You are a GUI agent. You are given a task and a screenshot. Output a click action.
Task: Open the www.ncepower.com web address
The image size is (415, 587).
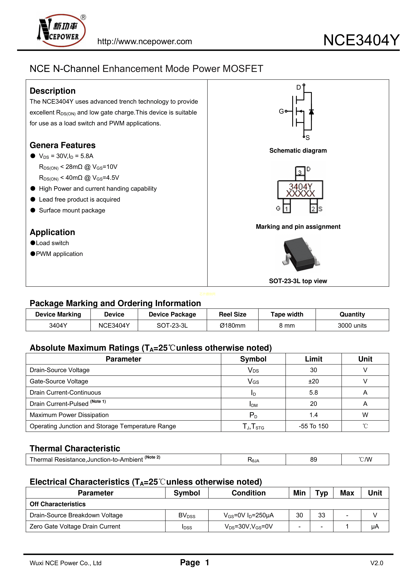click(145, 41)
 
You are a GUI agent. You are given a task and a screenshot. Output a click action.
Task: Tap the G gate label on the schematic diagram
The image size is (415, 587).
click(281, 111)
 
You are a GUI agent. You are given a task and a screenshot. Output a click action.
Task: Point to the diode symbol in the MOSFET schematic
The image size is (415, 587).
click(311, 112)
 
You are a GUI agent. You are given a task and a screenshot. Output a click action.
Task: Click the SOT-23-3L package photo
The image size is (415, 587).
click(301, 255)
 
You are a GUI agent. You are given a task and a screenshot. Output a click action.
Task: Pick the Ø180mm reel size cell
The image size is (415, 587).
click(233, 326)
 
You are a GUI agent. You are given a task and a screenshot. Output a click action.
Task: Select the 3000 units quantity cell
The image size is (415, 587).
click(352, 326)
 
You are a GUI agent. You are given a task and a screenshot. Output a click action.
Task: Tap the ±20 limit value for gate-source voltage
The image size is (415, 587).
click(313, 381)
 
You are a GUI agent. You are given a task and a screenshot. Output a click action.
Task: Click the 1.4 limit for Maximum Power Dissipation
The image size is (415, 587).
click(313, 415)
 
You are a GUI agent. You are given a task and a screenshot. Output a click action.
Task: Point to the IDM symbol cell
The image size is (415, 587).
click(253, 404)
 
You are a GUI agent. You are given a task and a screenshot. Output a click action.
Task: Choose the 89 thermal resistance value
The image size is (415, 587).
click(313, 459)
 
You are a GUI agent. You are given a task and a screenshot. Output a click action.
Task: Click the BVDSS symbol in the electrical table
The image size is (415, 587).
click(187, 515)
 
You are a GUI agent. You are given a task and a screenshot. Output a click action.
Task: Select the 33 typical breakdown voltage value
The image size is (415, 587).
click(321, 515)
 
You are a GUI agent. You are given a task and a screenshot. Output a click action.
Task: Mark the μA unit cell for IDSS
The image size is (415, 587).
click(375, 526)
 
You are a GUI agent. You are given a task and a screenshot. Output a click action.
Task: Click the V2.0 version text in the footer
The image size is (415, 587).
click(377, 563)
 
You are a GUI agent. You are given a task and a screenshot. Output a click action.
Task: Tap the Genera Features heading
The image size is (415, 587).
click(63, 145)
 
